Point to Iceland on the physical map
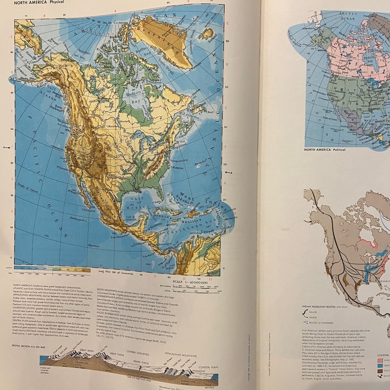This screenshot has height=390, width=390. pyautogui.click(x=207, y=34)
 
